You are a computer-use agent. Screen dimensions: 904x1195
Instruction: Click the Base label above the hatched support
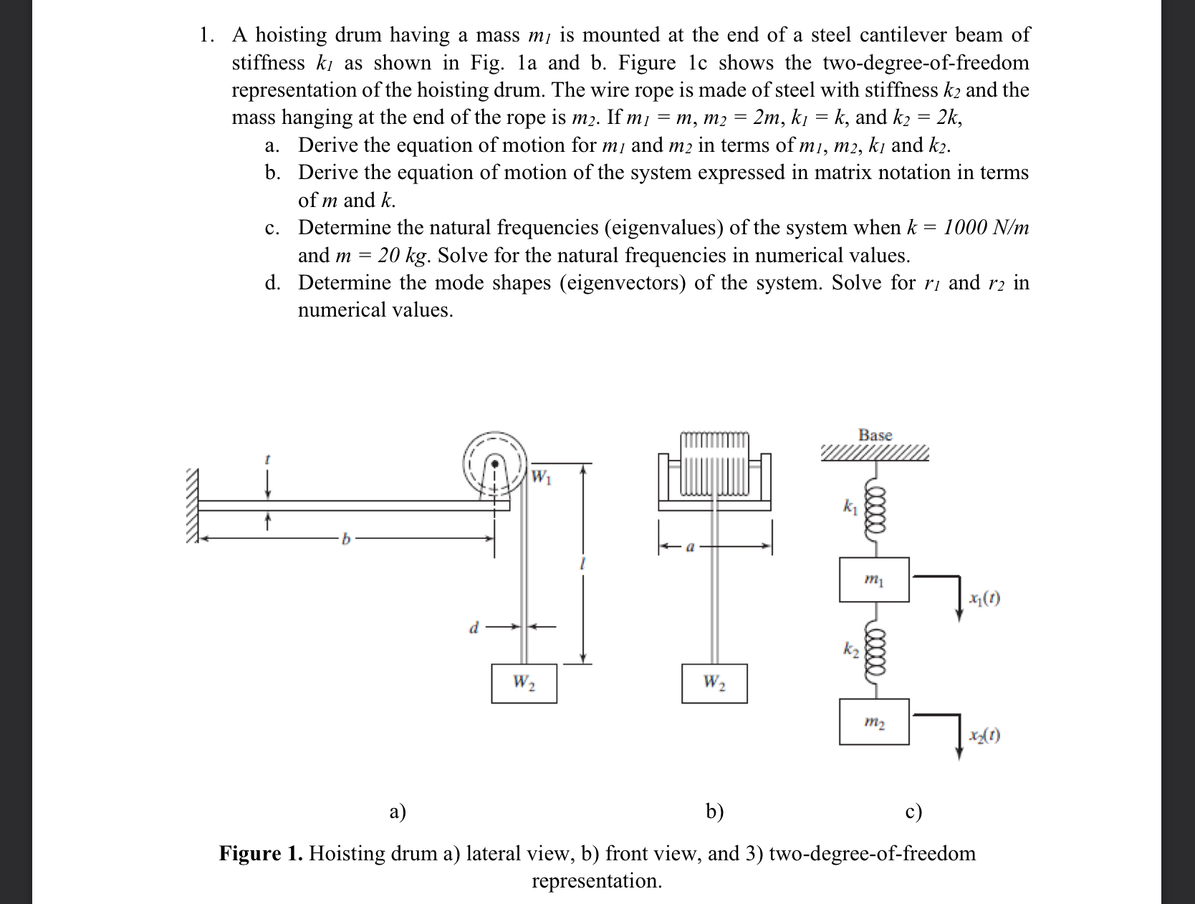pyautogui.click(x=875, y=436)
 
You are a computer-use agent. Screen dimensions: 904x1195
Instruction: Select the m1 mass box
pyautogui.click(x=874, y=580)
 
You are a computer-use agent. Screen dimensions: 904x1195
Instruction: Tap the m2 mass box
pyautogui.click(x=874, y=722)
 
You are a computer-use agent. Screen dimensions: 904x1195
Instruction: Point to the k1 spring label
pyautogui.click(x=850, y=507)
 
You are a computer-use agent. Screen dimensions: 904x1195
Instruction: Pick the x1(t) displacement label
pyautogui.click(x=984, y=598)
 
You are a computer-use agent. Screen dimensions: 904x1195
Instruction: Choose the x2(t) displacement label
pyautogui.click(x=984, y=735)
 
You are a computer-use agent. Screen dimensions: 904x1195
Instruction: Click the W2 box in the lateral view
pyautogui.click(x=524, y=683)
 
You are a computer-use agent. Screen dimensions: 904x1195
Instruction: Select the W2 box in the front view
pyautogui.click(x=714, y=683)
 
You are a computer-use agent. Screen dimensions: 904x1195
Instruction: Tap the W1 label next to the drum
pyautogui.click(x=542, y=476)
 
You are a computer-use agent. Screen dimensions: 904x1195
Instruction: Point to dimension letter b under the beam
pyautogui.click(x=346, y=539)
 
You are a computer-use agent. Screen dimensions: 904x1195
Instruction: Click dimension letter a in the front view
pyautogui.click(x=690, y=547)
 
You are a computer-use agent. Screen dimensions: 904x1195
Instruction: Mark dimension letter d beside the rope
pyautogui.click(x=473, y=628)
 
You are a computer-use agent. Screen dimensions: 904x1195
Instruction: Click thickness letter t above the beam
pyautogui.click(x=267, y=459)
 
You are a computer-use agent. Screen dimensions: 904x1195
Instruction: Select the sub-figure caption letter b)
pyautogui.click(x=714, y=811)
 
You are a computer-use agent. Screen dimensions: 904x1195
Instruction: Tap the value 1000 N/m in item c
pyautogui.click(x=986, y=228)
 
